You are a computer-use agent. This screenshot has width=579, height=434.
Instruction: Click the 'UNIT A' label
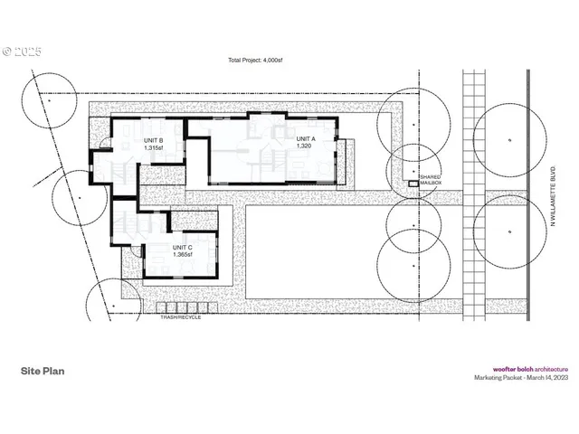coord(307,138)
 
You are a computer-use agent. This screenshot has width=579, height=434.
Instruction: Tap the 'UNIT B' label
coord(153,141)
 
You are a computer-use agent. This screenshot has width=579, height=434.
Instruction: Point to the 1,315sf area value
coord(152,149)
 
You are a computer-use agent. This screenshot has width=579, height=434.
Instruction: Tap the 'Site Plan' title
coord(43,371)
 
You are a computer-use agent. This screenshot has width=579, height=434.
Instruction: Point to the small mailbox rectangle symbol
coord(413,184)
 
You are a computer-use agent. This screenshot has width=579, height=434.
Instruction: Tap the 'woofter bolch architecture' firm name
coord(529,369)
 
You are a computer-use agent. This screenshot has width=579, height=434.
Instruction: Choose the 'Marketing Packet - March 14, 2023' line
coord(523,378)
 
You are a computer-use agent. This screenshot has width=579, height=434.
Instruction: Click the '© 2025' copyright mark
coord(22,52)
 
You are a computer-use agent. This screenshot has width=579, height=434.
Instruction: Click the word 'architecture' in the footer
coord(550,369)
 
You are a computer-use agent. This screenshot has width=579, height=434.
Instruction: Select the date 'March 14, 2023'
coord(544,378)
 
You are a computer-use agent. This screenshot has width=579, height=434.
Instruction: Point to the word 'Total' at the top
coord(236,61)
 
